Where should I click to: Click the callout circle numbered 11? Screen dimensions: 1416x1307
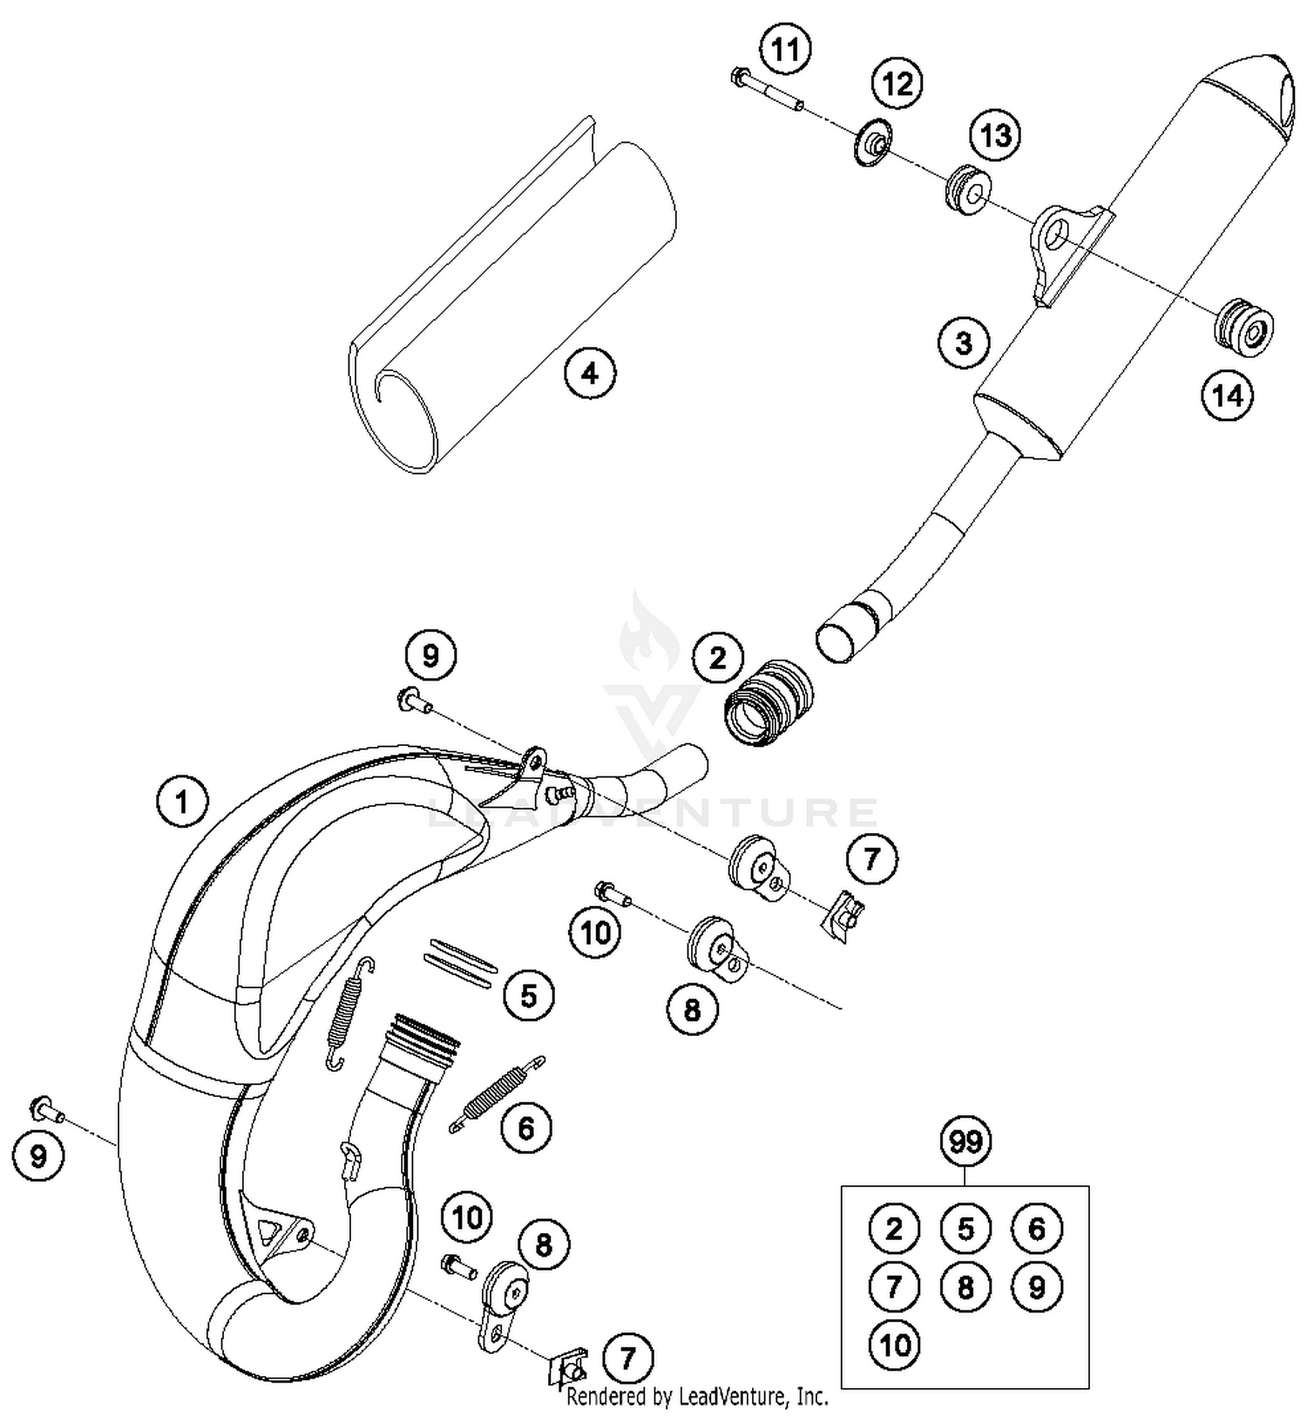tap(785, 51)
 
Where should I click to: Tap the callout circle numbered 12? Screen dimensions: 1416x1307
tap(898, 84)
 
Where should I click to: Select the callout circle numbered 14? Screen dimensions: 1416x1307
tap(1227, 396)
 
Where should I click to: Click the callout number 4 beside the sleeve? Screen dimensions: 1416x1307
tap(590, 374)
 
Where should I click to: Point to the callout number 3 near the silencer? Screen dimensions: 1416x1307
tap(963, 343)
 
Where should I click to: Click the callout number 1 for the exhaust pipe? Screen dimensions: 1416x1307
tap(182, 800)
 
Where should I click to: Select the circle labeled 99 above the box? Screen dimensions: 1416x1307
tap(965, 1142)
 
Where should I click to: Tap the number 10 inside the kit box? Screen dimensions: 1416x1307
tap(894, 1345)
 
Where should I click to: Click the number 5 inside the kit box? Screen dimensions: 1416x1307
tap(965, 1229)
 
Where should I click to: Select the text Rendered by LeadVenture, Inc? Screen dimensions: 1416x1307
tap(697, 1397)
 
